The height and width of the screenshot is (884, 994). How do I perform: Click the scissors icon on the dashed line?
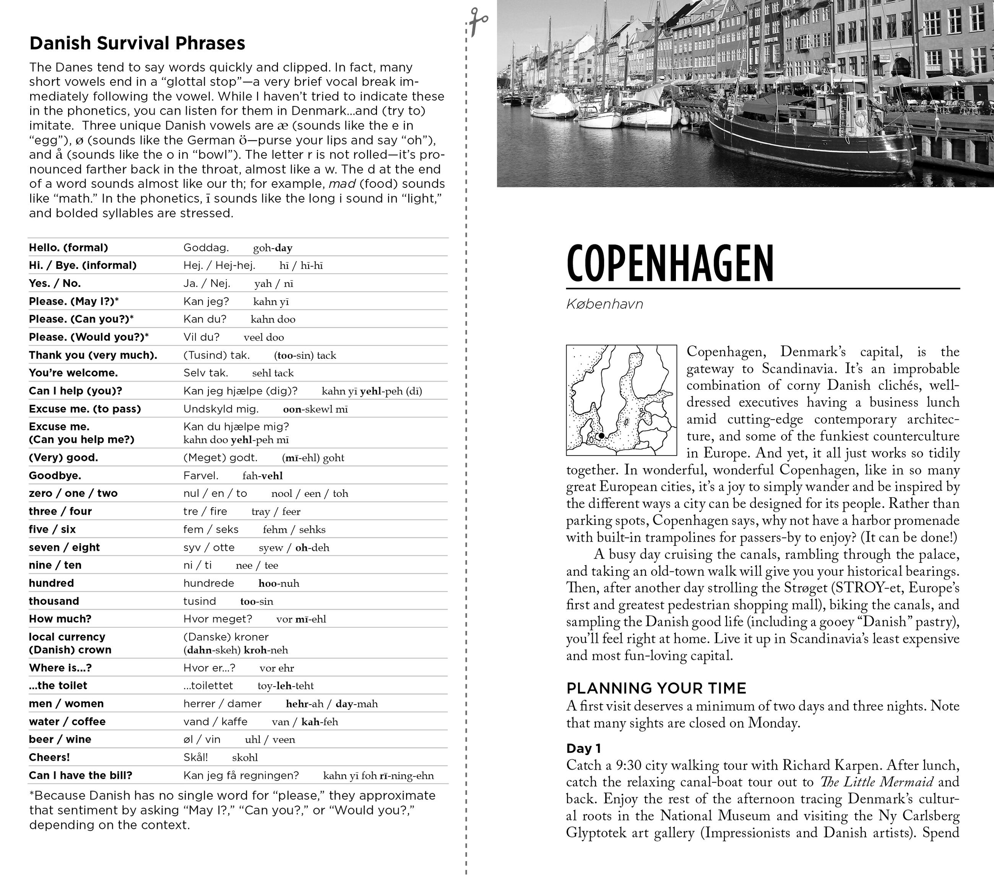pyautogui.click(x=479, y=20)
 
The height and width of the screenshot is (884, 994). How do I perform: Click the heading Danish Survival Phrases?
pyautogui.click(x=137, y=43)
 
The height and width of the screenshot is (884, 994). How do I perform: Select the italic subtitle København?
pyautogui.click(x=604, y=304)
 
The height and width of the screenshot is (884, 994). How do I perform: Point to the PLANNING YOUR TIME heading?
pyautogui.click(x=656, y=688)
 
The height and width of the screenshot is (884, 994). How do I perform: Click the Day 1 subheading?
pyautogui.click(x=583, y=748)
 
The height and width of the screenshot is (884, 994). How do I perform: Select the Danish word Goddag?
pyautogui.click(x=206, y=247)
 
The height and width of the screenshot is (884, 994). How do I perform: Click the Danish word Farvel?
pyautogui.click(x=201, y=475)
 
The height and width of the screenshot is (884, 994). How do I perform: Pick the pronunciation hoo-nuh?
pyautogui.click(x=279, y=583)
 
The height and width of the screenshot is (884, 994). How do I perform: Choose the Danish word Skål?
pyautogui.click(x=195, y=757)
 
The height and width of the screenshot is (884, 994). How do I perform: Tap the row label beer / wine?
pyautogui.click(x=60, y=739)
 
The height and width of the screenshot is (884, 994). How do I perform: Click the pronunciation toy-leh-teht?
pyautogui.click(x=286, y=686)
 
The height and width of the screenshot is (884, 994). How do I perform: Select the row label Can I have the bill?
pyautogui.click(x=80, y=775)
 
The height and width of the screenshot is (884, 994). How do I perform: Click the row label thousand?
pyautogui.click(x=54, y=601)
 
